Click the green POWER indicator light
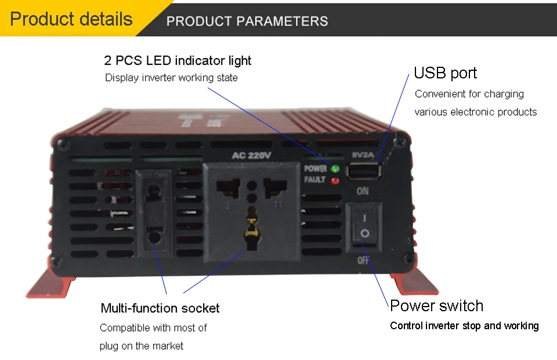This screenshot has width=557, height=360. click(x=335, y=169)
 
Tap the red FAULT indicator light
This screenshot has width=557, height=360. click(x=335, y=181)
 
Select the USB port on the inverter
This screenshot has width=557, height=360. click(x=364, y=171)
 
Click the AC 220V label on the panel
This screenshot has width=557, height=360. click(x=251, y=155)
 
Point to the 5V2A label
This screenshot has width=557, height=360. click(x=363, y=155)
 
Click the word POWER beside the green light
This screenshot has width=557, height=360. click(x=316, y=168)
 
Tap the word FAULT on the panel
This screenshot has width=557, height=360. click(x=314, y=180)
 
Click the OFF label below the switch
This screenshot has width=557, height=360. click(x=363, y=261)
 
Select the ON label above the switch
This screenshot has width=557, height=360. click(x=363, y=191)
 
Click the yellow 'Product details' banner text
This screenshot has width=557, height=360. click(x=71, y=19)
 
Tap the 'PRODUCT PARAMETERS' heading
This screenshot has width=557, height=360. click(x=247, y=21)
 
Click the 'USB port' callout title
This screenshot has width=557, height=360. click(x=446, y=73)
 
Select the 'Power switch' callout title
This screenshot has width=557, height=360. click(x=436, y=305)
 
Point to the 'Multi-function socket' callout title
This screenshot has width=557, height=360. click(x=160, y=308)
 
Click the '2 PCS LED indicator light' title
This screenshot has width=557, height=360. click(x=178, y=61)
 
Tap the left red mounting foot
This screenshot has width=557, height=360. click(x=50, y=283)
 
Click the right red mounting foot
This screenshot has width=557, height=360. click(x=415, y=281)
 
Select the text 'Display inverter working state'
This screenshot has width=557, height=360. click(x=171, y=78)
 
